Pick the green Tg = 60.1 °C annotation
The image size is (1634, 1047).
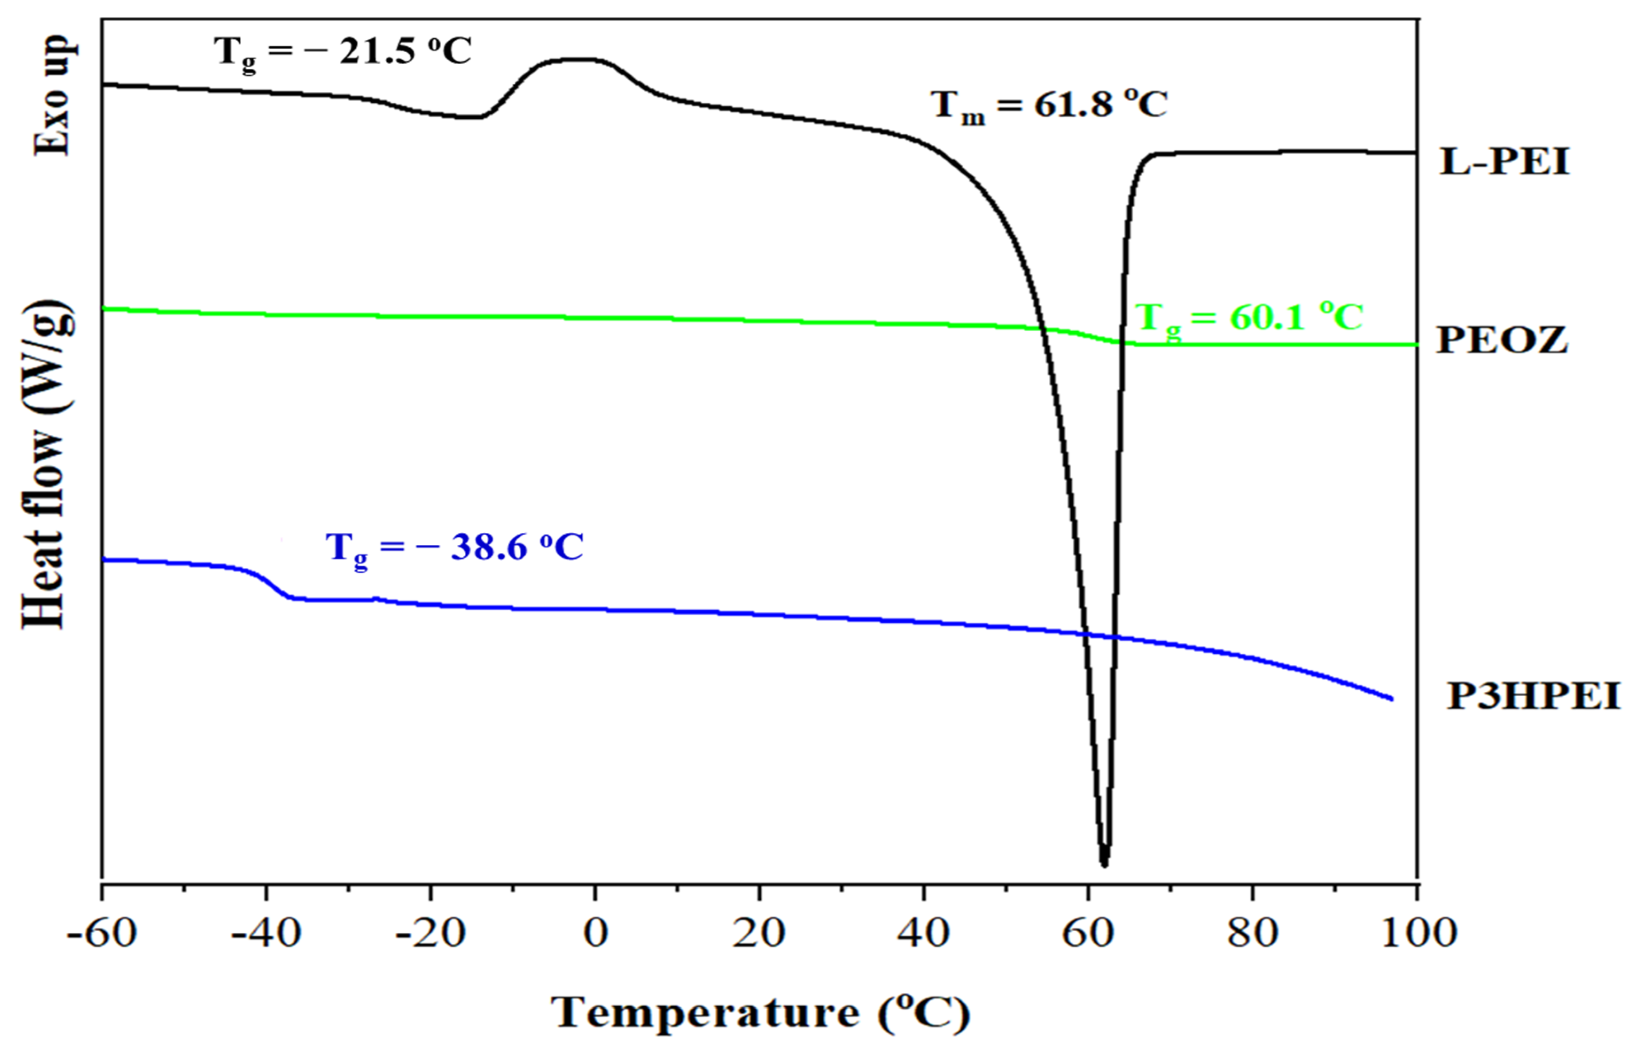1249,318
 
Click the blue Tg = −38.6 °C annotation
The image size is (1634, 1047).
454,547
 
